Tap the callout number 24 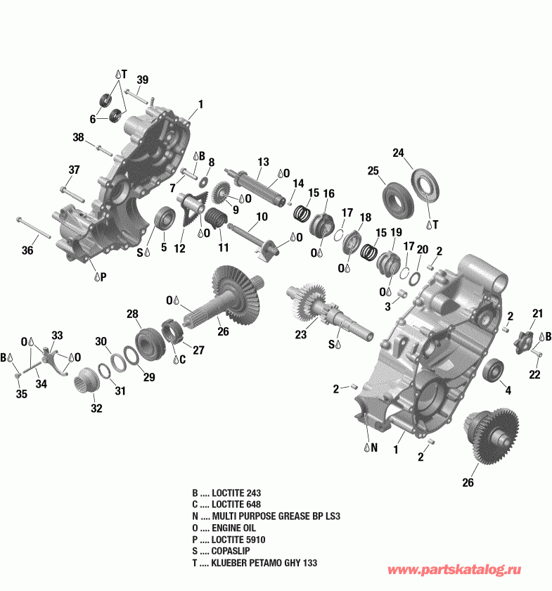click(x=399, y=153)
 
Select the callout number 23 click(x=301, y=336)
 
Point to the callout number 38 click(x=78, y=137)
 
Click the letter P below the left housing click(x=102, y=277)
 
